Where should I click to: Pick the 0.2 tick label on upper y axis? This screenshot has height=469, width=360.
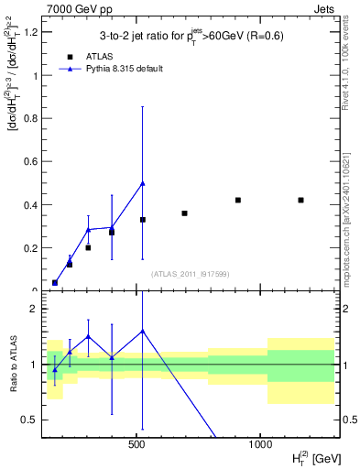tap(31, 248)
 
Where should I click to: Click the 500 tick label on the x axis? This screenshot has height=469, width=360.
tap(137, 443)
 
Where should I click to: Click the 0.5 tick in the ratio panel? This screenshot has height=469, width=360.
tap(31, 420)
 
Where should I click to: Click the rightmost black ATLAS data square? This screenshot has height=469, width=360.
tap(300, 200)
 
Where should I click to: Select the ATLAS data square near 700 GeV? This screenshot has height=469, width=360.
tap(184, 213)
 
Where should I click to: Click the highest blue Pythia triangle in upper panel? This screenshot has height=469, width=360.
tap(142, 183)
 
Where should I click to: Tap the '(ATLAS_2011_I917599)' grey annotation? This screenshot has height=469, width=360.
tap(190, 274)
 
